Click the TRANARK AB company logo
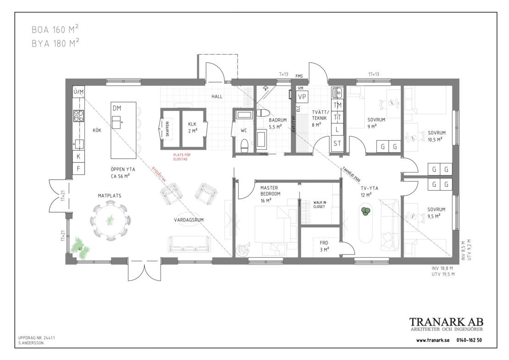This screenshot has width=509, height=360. coord(446,324)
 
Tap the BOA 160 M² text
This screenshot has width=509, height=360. coord(55,29)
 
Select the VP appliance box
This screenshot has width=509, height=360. coord(302,97)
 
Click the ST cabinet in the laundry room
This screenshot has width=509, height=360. coord(337,143)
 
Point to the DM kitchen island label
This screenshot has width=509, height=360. coord(117,108)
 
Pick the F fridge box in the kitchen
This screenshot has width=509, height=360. coord(78,168)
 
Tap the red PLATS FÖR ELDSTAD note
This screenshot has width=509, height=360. coord(180,157)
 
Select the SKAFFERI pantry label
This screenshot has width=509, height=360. coord(167,128)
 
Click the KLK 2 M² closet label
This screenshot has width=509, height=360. coord(193,127)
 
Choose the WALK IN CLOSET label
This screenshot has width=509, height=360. coord(320,204)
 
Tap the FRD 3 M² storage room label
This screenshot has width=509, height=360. coord(324,246)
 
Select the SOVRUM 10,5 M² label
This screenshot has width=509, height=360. coord(436,136)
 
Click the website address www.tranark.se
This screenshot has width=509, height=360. coord(433,340)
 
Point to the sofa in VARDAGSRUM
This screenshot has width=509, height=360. coord(189,244)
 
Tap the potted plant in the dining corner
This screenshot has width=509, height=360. coord(80,249)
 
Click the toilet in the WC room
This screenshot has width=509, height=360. coord(244,145)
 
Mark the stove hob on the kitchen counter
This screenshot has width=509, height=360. coord(78,116)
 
